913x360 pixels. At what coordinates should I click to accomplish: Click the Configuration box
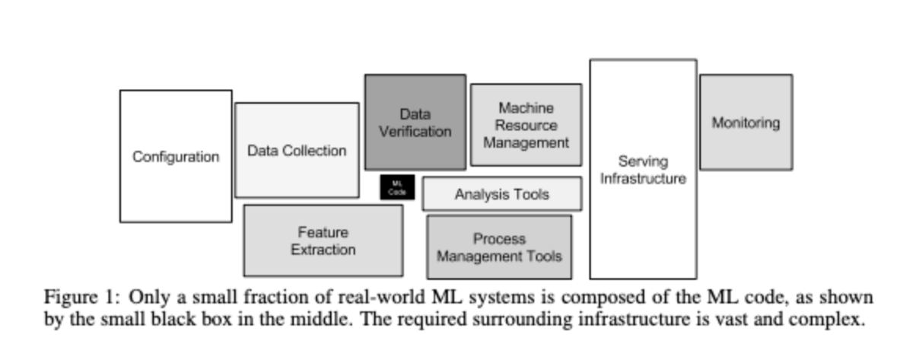176,156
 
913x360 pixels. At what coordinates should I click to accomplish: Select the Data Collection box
297,150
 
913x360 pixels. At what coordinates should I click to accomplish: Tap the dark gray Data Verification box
415,122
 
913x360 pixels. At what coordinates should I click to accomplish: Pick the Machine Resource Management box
526,125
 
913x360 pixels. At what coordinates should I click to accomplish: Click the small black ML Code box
397,187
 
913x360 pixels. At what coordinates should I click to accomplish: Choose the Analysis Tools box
501,194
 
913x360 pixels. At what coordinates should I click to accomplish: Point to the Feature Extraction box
323,241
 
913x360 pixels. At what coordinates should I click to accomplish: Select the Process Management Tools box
499,247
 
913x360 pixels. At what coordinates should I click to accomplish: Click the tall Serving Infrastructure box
643,170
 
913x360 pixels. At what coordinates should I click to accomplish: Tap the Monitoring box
746,122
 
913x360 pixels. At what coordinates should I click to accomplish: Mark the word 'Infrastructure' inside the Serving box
643,179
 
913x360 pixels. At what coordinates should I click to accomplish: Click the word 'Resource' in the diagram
526,125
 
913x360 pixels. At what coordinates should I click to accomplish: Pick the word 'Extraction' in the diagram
323,250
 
